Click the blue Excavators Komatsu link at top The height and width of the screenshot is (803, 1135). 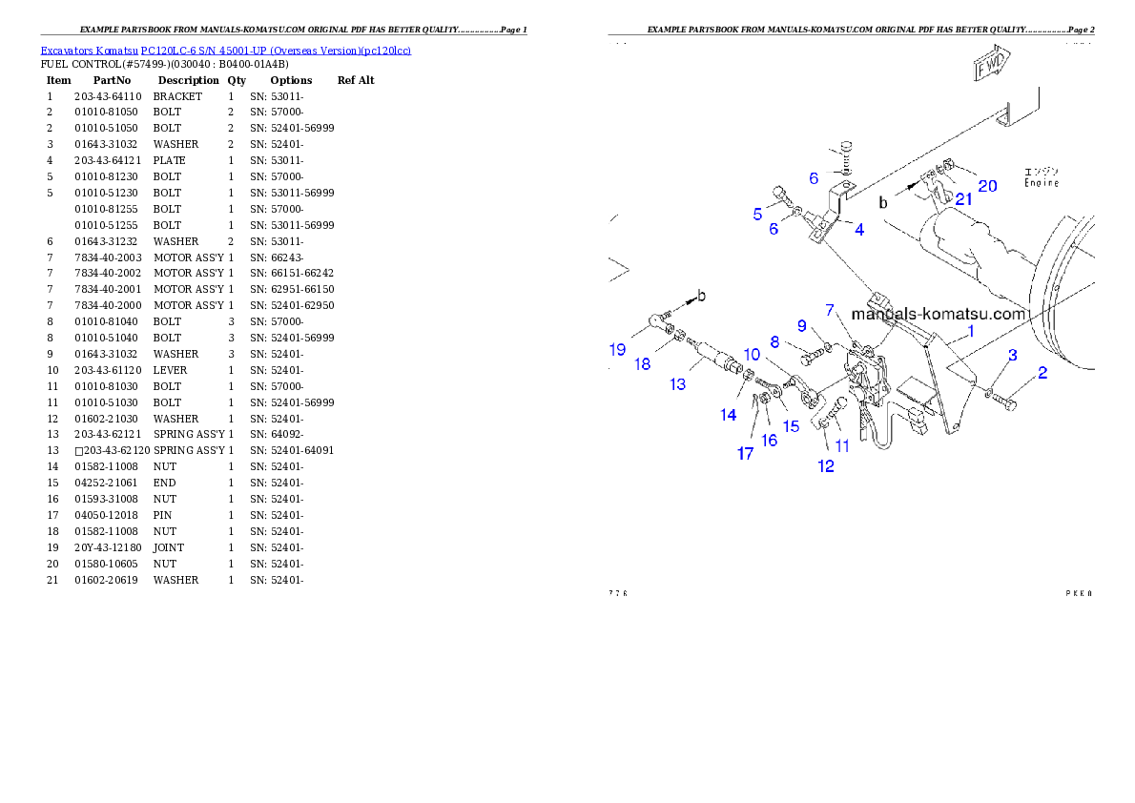225,51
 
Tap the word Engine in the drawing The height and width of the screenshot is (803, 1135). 1041,182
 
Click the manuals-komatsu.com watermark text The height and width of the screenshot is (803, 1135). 938,314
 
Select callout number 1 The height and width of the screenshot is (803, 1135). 971,332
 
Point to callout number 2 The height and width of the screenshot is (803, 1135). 1042,373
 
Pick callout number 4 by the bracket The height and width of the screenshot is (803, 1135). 859,230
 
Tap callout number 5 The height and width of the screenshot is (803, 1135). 757,215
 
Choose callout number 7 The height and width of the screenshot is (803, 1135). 831,310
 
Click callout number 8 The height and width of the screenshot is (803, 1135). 774,341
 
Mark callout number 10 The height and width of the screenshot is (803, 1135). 753,354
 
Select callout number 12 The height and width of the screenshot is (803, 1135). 826,466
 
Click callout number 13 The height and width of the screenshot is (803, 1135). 677,383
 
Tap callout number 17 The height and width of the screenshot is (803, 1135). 745,454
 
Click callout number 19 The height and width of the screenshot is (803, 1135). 617,350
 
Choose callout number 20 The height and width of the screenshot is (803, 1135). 987,186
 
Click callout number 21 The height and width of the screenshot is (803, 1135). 964,199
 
